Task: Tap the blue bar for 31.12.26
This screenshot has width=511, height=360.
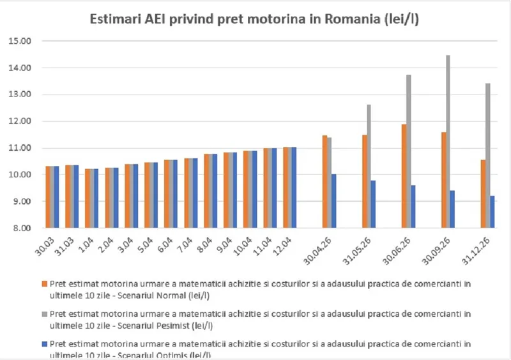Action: point(492,212)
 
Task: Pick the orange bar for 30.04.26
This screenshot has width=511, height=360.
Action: point(324,181)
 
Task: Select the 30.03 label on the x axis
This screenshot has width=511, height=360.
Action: point(47,245)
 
